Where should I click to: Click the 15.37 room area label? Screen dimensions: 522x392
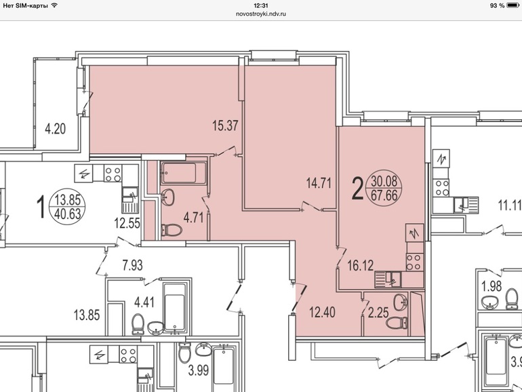(225, 125)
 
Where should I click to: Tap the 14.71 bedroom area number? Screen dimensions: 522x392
(319, 183)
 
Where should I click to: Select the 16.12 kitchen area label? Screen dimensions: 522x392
(360, 265)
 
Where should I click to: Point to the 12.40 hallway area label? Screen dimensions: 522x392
(322, 313)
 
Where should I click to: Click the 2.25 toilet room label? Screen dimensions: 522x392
(378, 313)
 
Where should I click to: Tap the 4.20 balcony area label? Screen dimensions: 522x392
(56, 129)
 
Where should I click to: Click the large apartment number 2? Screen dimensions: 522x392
(357, 189)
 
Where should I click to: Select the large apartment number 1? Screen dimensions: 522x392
(41, 207)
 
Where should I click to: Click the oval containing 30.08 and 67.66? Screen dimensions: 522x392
(384, 188)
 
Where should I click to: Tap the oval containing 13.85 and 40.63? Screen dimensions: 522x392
(68, 206)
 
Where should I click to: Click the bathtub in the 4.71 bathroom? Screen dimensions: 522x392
(184, 173)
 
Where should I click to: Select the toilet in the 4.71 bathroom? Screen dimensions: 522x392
(172, 231)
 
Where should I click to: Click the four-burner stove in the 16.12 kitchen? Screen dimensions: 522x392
(414, 262)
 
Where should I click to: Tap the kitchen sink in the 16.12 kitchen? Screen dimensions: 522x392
(388, 279)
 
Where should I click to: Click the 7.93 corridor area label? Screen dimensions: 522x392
(132, 265)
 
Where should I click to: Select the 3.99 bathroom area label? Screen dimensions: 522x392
(199, 370)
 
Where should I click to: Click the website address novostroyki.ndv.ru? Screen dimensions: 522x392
(261, 14)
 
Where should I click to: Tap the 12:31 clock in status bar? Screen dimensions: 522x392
(261, 5)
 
